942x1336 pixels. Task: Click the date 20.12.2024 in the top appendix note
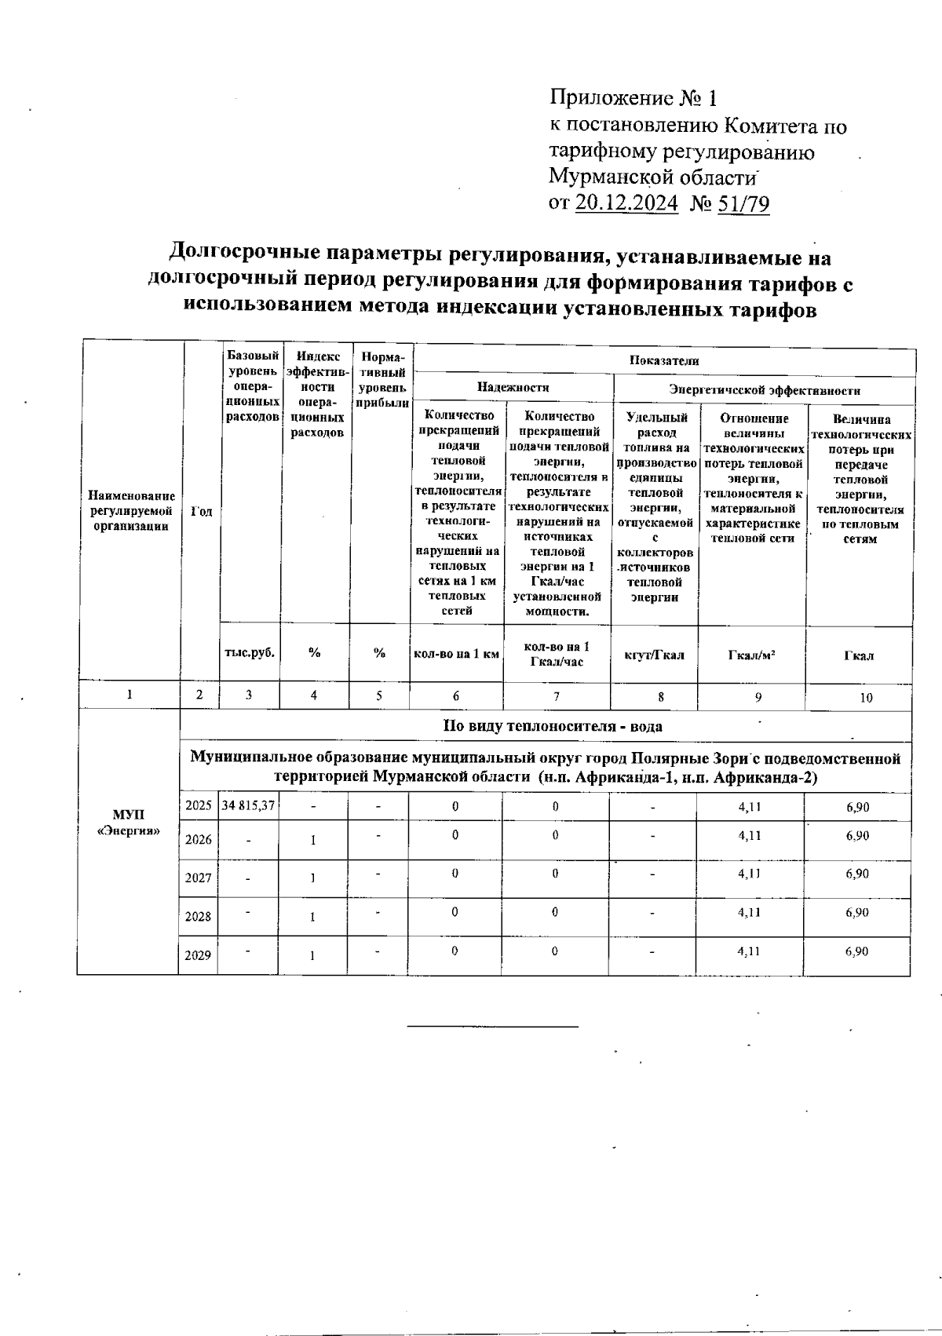(x=626, y=203)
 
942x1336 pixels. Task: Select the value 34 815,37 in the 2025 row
(x=249, y=806)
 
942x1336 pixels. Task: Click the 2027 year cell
(x=199, y=878)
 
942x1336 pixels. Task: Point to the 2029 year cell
(x=199, y=956)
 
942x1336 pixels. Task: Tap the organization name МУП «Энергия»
(x=127, y=823)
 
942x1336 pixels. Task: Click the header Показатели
(x=663, y=360)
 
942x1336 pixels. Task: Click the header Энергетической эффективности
(x=764, y=389)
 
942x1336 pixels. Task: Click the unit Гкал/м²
(x=752, y=655)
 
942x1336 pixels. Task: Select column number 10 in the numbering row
(x=866, y=697)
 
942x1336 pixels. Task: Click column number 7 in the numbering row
(x=556, y=695)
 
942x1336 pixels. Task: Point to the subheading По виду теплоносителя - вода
(x=553, y=726)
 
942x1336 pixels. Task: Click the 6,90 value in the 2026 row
(x=857, y=836)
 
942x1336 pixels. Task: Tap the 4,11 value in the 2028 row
(x=750, y=913)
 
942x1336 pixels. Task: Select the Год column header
(x=201, y=511)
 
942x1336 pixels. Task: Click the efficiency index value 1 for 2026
(x=312, y=840)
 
